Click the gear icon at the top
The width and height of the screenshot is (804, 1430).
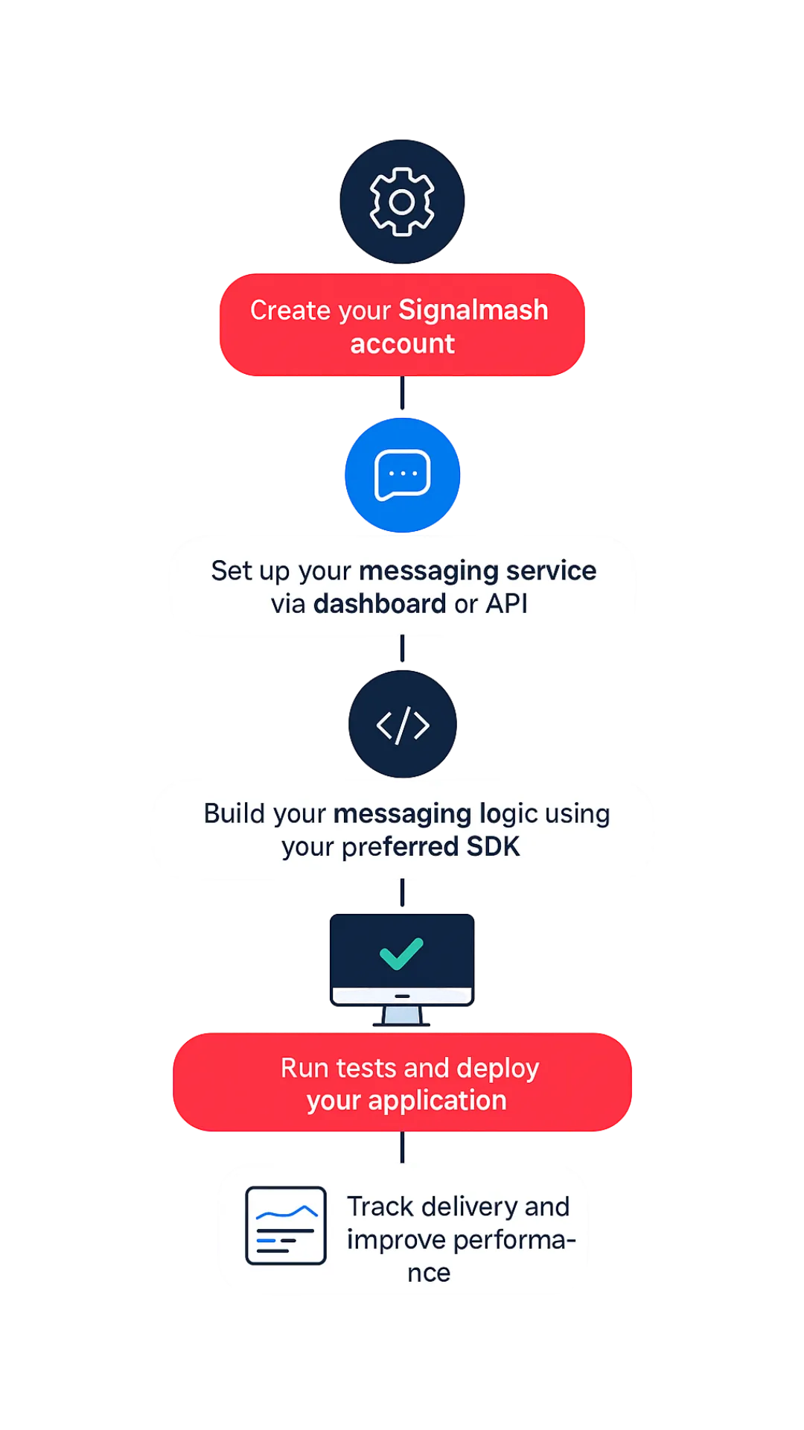coord(402,202)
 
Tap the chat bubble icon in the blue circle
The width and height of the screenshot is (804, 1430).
coord(402,474)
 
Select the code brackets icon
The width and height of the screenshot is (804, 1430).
coord(403,725)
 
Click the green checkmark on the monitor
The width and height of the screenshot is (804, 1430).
coord(401,953)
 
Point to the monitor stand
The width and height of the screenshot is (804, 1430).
coord(402,1014)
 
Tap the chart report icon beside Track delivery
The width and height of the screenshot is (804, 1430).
coord(286,1226)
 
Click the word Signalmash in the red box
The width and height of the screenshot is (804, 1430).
coord(473,310)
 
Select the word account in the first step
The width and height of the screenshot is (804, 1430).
coord(402,344)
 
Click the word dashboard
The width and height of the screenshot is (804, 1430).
coord(380,604)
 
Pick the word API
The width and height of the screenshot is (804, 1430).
coord(506,604)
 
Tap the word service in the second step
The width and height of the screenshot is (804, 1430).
coord(551,571)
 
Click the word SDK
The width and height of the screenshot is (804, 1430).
coord(493,847)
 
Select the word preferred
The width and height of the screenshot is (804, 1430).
coord(400,847)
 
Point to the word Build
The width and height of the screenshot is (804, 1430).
coord(233,813)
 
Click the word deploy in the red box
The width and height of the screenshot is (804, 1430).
coord(497,1069)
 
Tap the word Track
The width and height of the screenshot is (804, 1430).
coord(380,1207)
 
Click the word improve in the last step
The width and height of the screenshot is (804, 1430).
coord(396,1240)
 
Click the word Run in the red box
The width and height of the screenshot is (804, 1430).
coord(304,1069)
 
